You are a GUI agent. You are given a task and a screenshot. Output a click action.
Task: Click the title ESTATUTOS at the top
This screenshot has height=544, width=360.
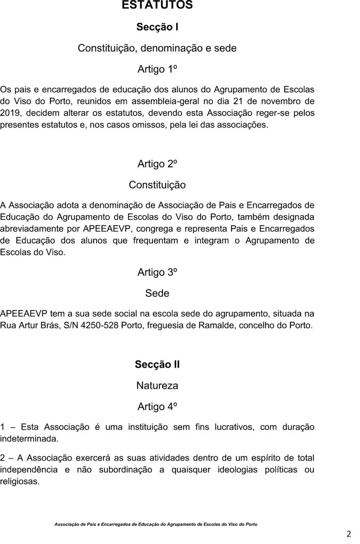point(157,5)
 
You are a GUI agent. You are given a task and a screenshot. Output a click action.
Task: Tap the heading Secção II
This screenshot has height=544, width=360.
point(157,364)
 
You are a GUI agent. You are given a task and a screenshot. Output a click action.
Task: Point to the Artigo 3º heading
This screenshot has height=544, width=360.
point(157,273)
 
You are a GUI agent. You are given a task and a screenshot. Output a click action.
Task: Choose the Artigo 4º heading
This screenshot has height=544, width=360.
point(157,406)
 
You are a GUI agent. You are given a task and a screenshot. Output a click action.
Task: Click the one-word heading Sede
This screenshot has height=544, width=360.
point(157,293)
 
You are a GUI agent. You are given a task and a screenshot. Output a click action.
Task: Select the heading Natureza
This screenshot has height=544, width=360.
point(157,385)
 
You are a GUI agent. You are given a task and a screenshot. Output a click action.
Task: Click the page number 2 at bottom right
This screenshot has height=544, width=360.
point(349,534)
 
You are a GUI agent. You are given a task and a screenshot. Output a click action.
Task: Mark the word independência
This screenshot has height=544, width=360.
point(30,470)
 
